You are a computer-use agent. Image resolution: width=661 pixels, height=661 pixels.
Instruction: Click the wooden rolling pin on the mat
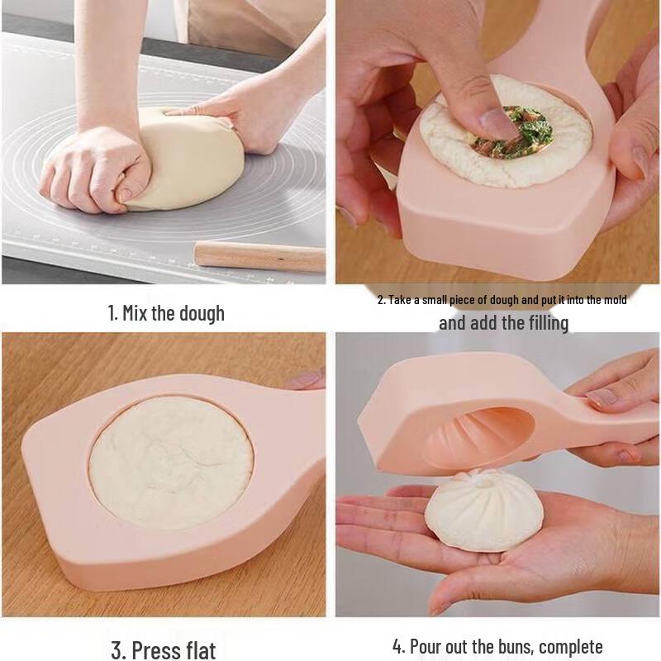coord(260,256)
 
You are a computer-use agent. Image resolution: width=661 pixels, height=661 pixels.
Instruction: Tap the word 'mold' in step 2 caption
coord(612,300)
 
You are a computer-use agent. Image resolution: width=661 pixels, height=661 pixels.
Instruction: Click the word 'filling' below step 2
coord(539,322)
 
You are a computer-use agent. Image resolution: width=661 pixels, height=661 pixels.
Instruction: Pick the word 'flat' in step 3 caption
coord(198,649)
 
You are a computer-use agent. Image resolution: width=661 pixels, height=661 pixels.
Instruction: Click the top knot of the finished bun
coord(478,477)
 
